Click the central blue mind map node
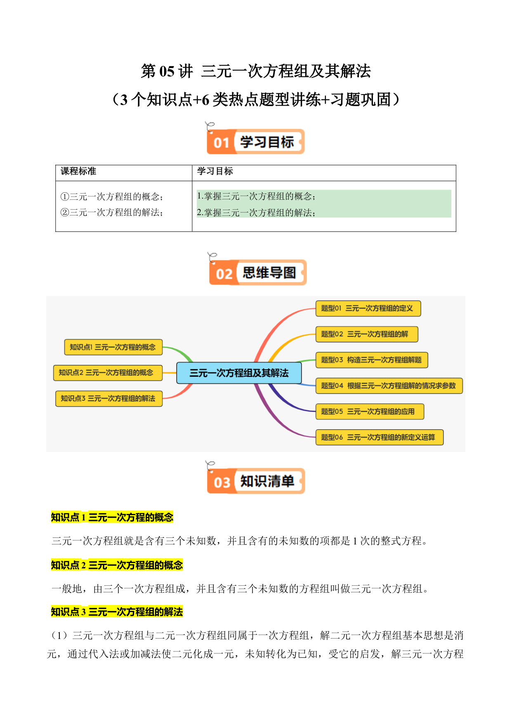239,373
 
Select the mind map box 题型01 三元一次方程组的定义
368,308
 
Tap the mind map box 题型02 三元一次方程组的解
367,334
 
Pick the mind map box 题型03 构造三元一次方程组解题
372,360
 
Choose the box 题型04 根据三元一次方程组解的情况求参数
389,386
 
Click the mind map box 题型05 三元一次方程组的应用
370,412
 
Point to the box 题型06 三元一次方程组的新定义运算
380,437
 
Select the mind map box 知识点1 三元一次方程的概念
113,347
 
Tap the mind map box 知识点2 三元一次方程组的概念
108,373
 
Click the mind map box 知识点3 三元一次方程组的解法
109,398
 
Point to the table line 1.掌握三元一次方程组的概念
256,196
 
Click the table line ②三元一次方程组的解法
112,212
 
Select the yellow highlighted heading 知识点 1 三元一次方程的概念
112,517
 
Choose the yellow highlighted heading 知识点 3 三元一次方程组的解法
117,612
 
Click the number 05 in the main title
167,71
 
